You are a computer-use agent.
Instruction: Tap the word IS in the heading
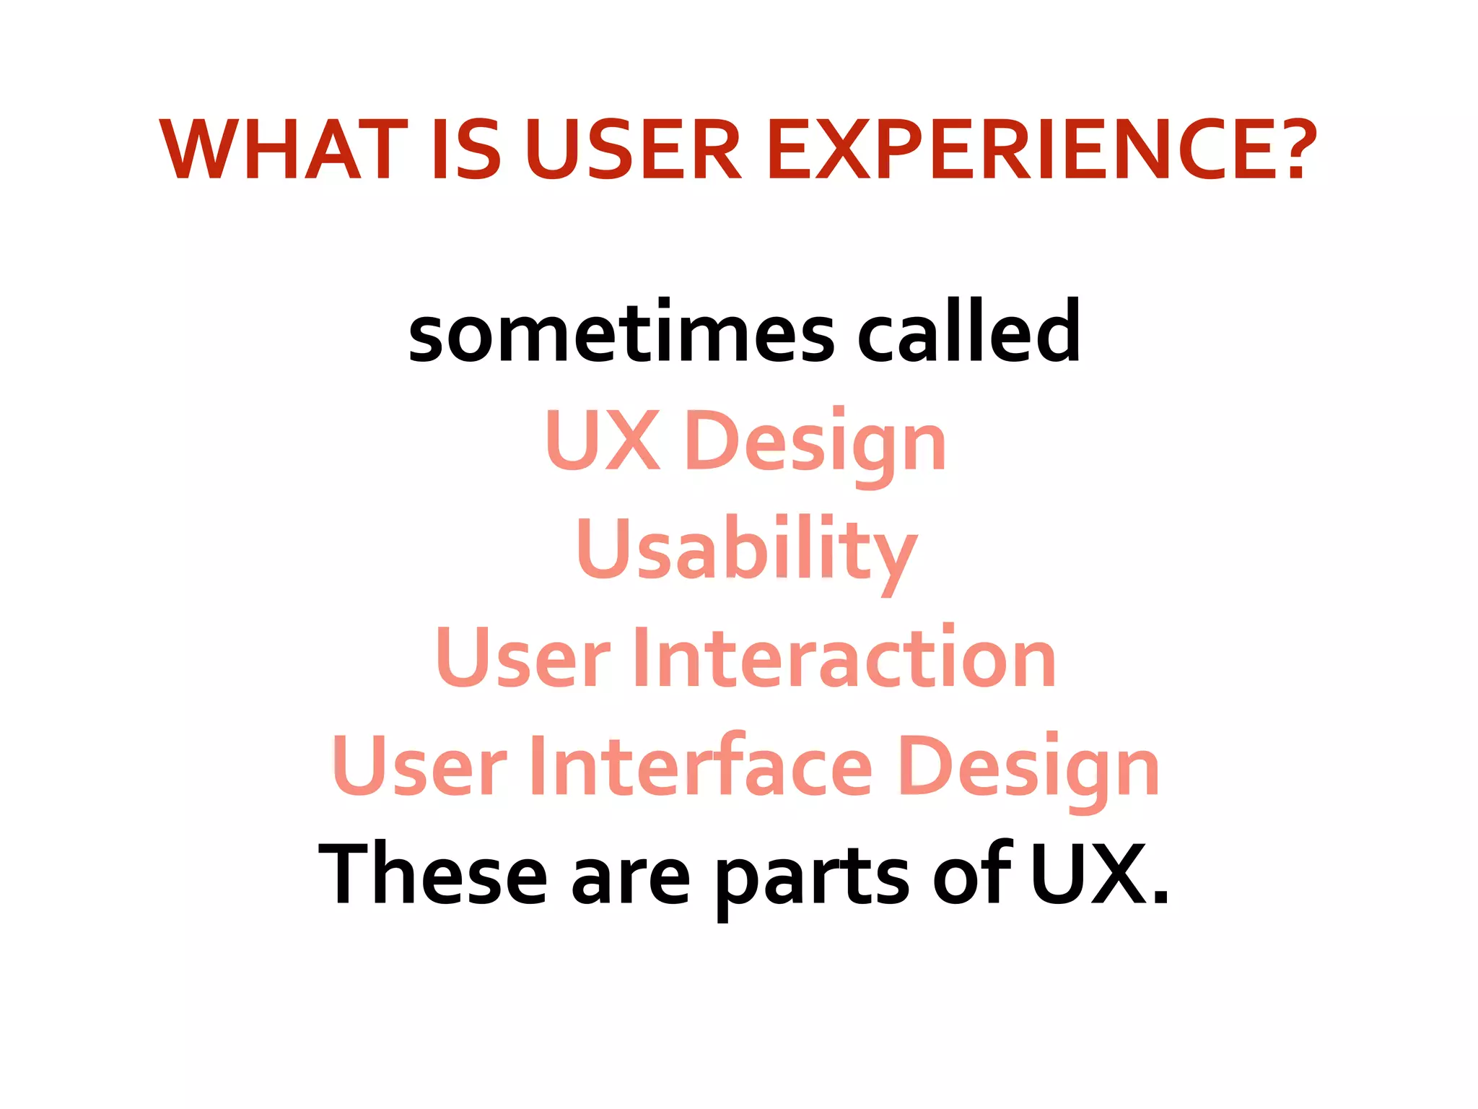pos(465,150)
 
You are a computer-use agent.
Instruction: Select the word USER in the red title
pos(632,150)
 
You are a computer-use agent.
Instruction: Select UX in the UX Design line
pos(603,440)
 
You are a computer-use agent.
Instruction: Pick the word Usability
pos(746,550)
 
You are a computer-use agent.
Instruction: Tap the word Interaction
pos(844,657)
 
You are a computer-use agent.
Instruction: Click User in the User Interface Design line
pos(419,766)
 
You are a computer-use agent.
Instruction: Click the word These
pos(433,875)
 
